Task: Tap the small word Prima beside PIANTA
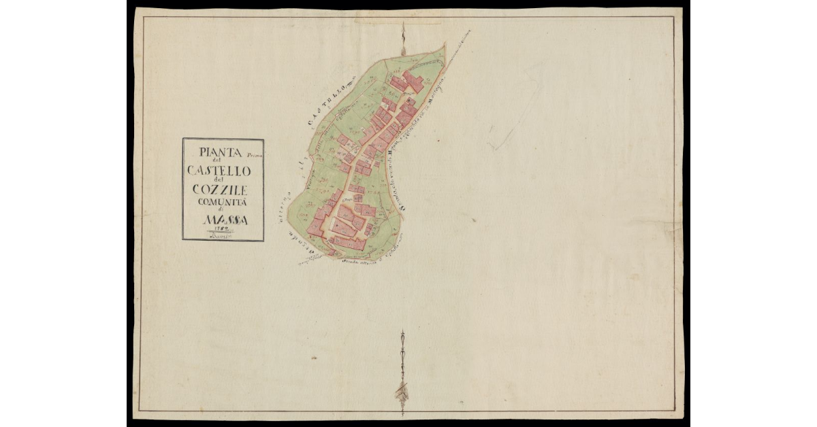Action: coord(254,156)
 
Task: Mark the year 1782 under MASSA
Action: coord(222,229)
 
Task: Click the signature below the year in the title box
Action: coord(222,236)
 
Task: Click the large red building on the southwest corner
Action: coord(318,225)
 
